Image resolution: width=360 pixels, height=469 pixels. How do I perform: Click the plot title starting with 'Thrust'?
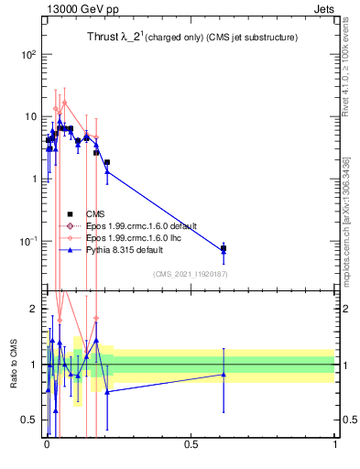pyautogui.click(x=193, y=38)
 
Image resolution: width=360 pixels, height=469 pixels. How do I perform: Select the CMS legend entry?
pyautogui.click(x=95, y=213)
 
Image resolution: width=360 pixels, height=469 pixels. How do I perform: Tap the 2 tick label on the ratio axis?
pyautogui.click(x=34, y=310)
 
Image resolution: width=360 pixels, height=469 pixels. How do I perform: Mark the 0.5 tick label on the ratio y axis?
pyautogui.click(x=29, y=420)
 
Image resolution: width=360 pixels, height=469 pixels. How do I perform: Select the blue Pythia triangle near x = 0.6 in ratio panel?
pyautogui.click(x=224, y=374)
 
